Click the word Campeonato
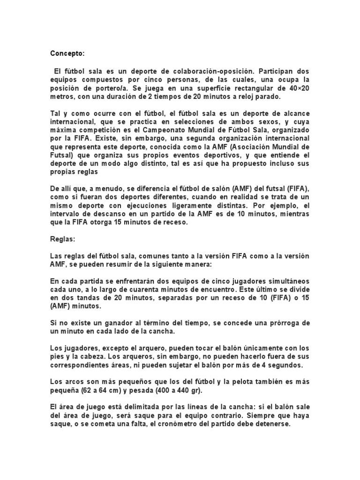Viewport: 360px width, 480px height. pos(172,130)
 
